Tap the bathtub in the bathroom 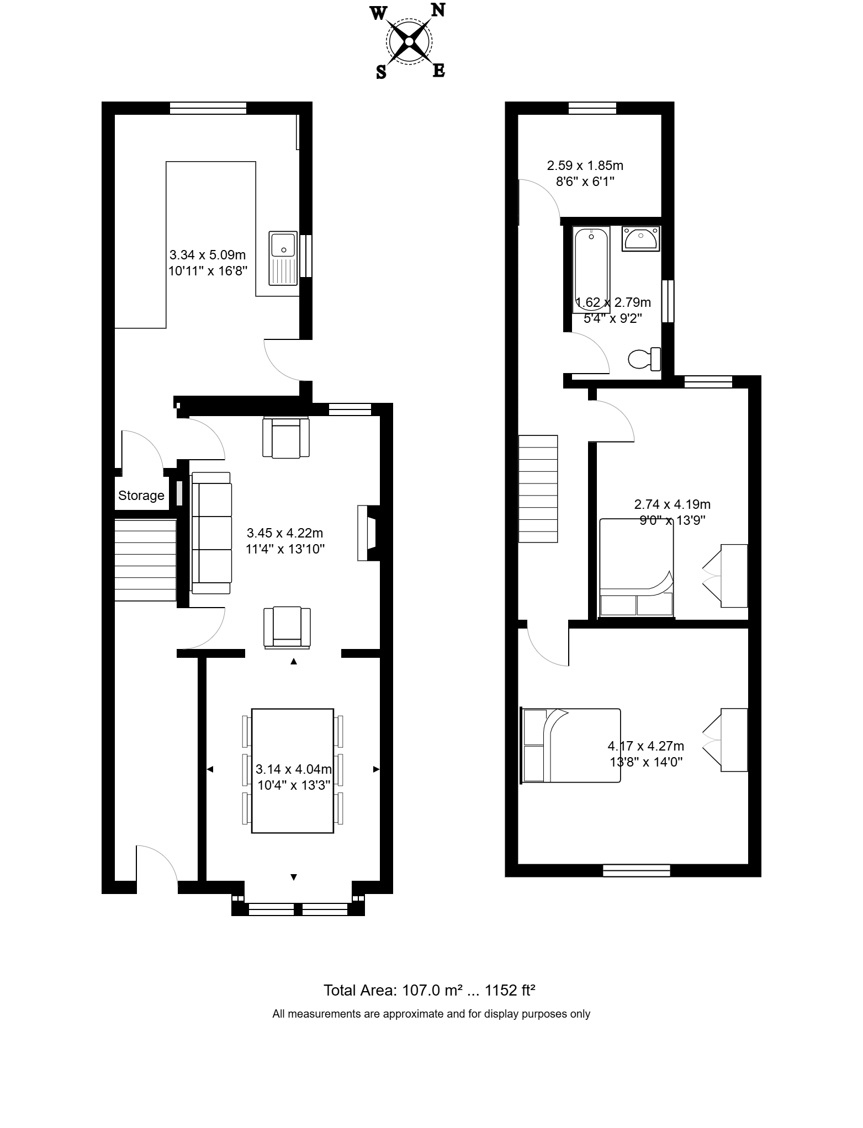click(x=591, y=271)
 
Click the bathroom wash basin click(x=641, y=238)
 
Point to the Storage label click(x=141, y=496)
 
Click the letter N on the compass click(x=438, y=10)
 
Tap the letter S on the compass click(x=381, y=72)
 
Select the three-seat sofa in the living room click(x=211, y=533)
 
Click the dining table click(x=293, y=770)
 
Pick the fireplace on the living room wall click(x=369, y=533)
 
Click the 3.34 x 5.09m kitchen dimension click(x=208, y=255)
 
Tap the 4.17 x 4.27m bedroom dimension click(x=646, y=746)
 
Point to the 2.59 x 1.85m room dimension click(x=585, y=165)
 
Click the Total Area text click(x=430, y=990)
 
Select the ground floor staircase click(x=145, y=560)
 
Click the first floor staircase click(x=538, y=488)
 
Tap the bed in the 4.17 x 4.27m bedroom click(x=571, y=746)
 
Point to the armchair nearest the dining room click(x=287, y=627)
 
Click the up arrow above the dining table click(x=294, y=661)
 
